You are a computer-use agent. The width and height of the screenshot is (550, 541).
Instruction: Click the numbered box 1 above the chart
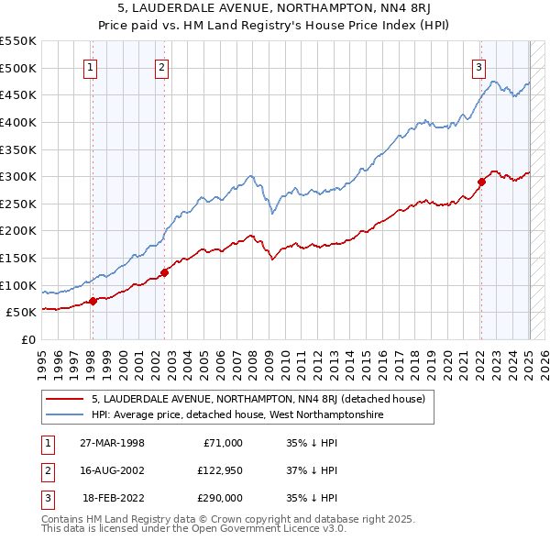92,66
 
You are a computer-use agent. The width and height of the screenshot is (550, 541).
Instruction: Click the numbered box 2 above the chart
161,66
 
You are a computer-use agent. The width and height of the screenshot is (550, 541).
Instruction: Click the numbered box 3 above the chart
479,66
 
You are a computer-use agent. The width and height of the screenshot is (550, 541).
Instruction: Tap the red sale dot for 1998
93,301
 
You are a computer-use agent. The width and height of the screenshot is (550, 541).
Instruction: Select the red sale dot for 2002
164,272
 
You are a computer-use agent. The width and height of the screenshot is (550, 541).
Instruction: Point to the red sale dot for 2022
481,182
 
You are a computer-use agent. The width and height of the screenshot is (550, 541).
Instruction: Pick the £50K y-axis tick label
22,313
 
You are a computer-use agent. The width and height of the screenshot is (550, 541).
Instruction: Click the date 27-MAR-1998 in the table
113,443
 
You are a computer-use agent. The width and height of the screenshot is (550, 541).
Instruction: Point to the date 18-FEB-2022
113,498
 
